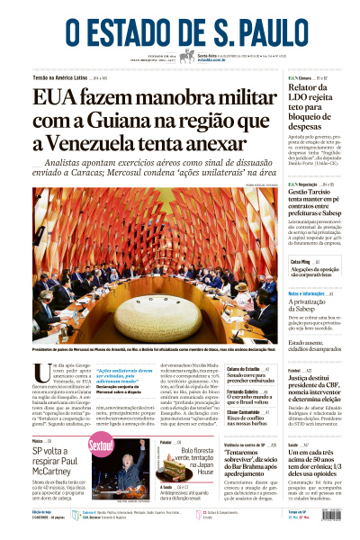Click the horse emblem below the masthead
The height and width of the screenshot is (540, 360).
[186, 56]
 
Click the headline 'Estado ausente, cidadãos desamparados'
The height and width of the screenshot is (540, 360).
[314, 343]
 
